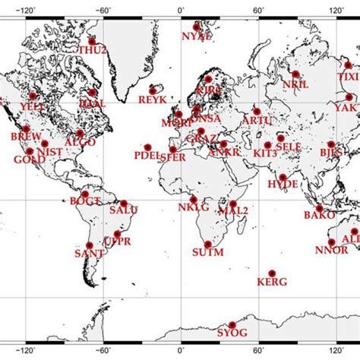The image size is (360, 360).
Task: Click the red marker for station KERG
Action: click(272, 272)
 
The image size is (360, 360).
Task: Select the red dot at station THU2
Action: click(92, 42)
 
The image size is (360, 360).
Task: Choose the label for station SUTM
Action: click(208, 252)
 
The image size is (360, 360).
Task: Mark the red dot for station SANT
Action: click(90, 245)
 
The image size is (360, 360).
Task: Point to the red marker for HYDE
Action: click(283, 177)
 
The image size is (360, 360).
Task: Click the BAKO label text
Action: click(319, 216)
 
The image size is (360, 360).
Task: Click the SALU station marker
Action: click(124, 203)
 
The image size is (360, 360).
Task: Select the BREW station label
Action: click(26, 137)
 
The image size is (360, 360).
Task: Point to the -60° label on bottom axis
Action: click(103, 352)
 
